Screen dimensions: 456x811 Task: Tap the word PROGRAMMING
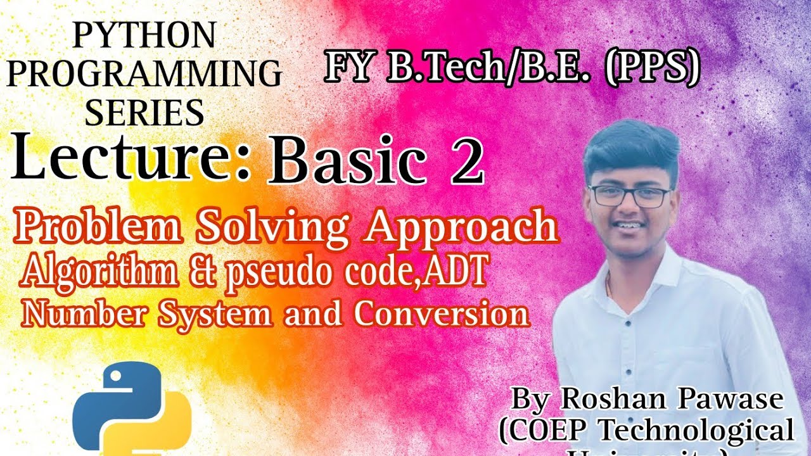[144, 75]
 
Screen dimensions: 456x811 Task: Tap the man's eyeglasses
[629, 195]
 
